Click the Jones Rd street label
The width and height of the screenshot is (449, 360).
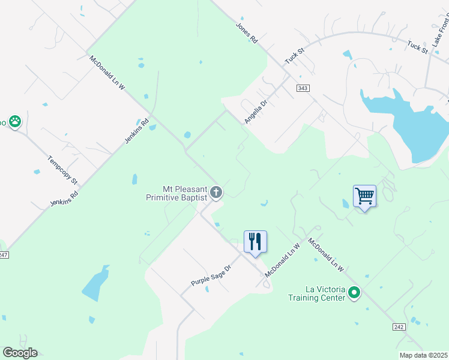246,33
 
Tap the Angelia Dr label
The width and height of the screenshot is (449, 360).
255,112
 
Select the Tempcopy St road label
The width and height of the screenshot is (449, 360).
62,170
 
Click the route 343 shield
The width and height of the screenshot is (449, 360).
303,88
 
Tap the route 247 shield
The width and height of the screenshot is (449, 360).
3,255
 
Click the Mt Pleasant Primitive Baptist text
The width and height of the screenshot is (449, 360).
176,193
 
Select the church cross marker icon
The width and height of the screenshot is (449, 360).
217,193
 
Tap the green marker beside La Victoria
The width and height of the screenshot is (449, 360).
355,293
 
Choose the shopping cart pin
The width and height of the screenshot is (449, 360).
364,196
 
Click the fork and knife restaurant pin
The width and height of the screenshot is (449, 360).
255,242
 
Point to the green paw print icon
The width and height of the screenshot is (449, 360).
15,122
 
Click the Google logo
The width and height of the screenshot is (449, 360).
20,353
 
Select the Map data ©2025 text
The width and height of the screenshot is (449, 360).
424,355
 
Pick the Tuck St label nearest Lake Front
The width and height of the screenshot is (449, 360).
417,47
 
